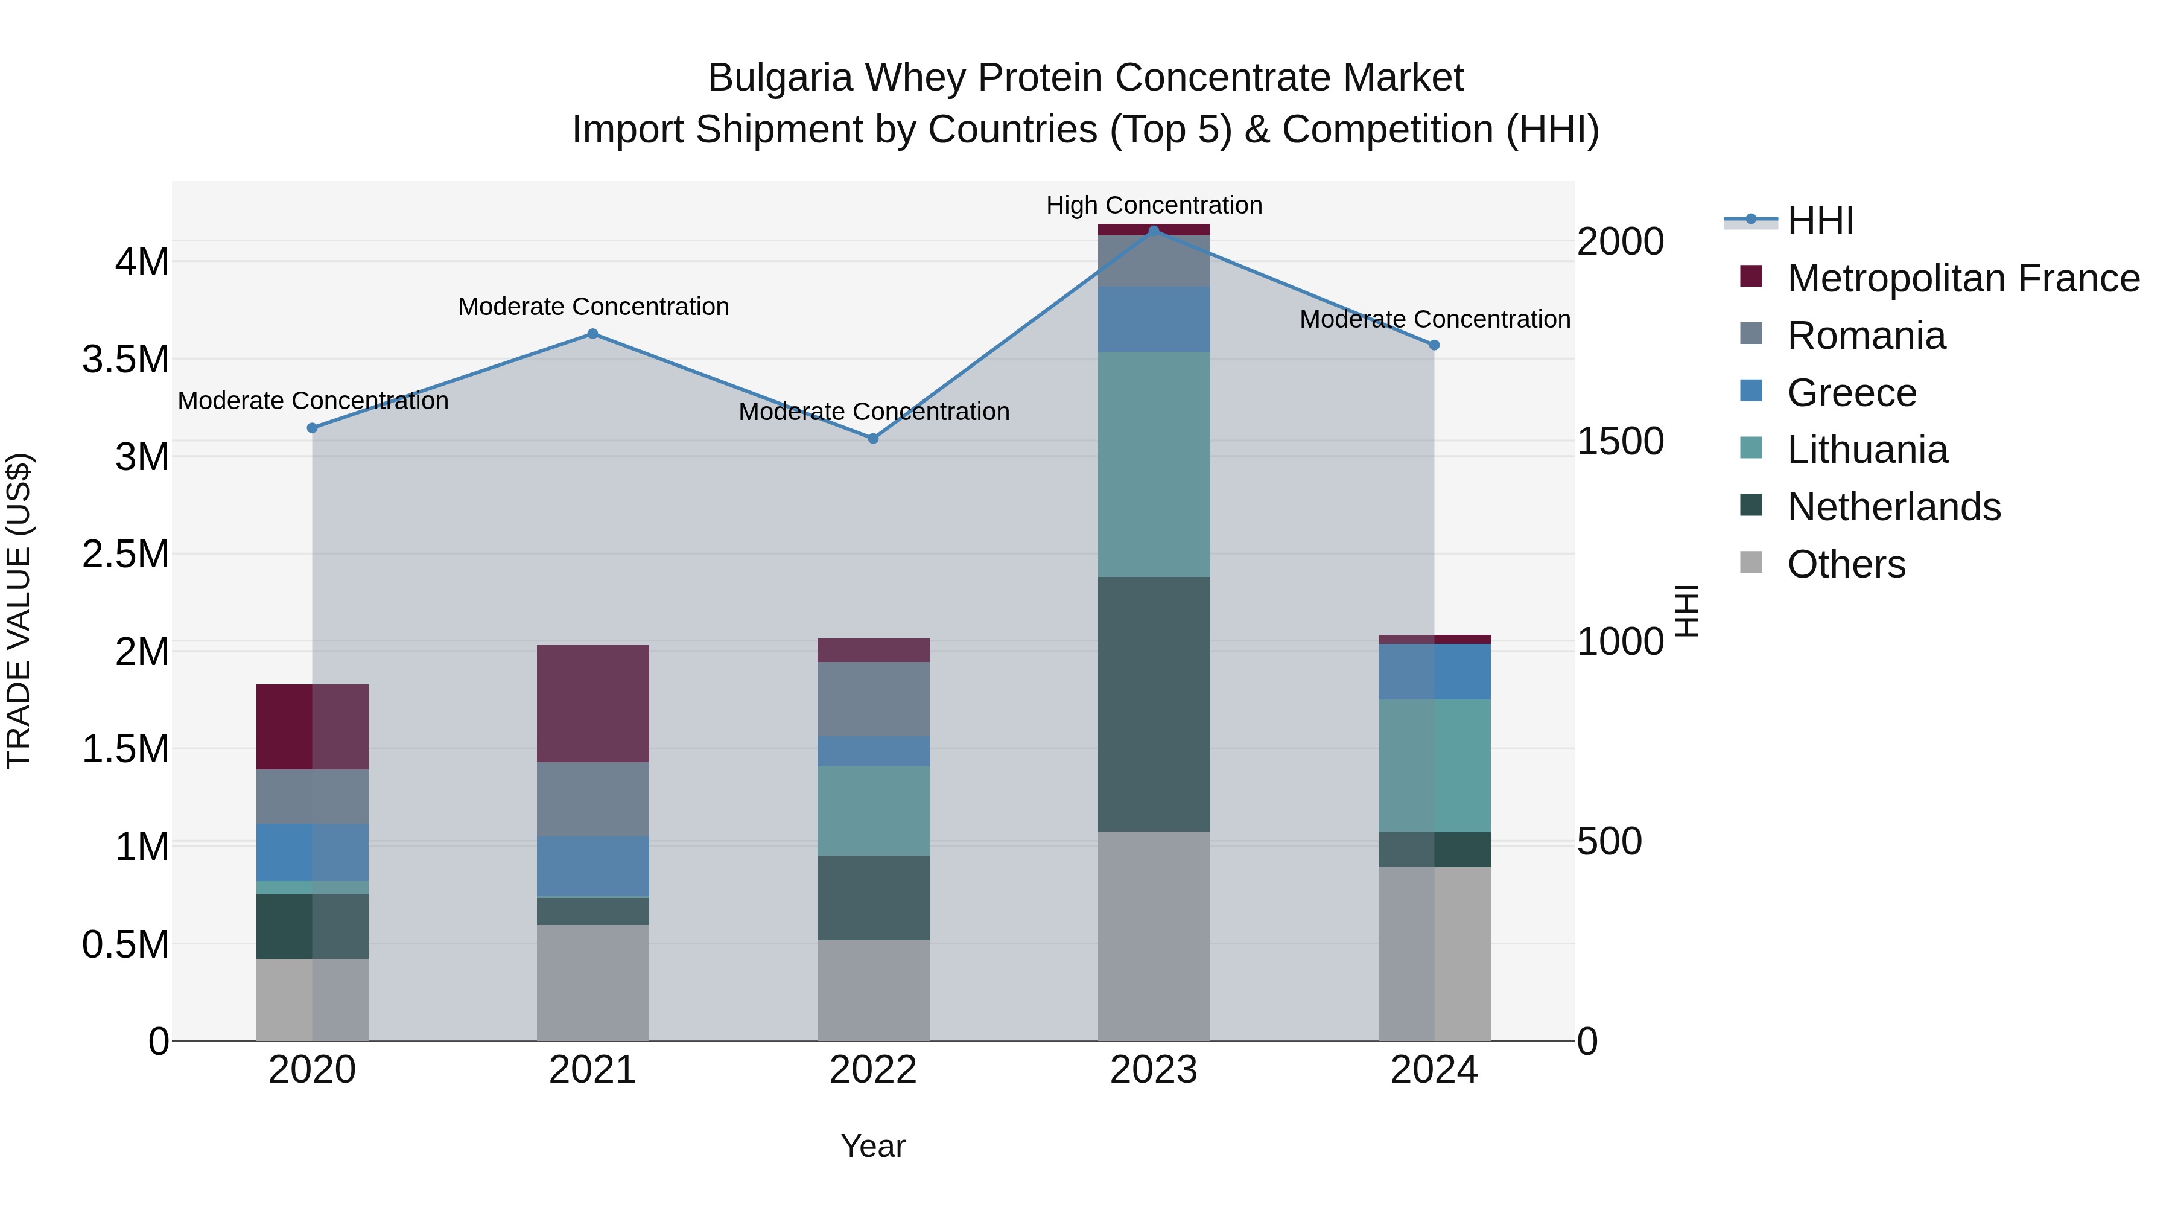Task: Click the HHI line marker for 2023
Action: click(1154, 231)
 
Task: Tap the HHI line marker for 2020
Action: click(312, 428)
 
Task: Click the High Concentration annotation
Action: click(1154, 205)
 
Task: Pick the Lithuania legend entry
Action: click(1867, 450)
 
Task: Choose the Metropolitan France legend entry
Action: click(1963, 278)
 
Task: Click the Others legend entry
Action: click(1846, 564)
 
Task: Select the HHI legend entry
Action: click(1820, 221)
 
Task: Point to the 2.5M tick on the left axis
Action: click(125, 554)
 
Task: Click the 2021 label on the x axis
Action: click(592, 1070)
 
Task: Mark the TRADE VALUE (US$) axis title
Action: click(19, 611)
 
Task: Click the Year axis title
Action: click(872, 1146)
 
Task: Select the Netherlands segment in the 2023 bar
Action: click(1154, 704)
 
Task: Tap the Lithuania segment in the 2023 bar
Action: click(1154, 464)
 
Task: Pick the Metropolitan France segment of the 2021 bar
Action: click(592, 704)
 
